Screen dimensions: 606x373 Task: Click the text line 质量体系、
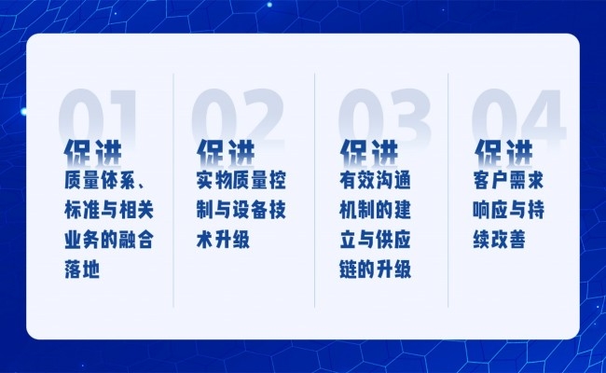(104, 180)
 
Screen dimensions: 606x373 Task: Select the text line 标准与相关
(109, 210)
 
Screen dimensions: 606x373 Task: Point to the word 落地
(82, 269)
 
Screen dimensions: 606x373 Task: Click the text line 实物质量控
(241, 180)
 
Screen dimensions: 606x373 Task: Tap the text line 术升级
(223, 240)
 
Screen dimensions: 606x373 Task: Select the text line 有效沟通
(375, 180)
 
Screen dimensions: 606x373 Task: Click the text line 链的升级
(375, 269)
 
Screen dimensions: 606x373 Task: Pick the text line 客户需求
(508, 180)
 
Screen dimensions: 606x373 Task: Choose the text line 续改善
(500, 240)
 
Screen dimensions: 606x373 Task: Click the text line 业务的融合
(109, 240)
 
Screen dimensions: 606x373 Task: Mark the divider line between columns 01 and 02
(173, 190)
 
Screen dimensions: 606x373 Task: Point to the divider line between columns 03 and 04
(448, 190)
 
